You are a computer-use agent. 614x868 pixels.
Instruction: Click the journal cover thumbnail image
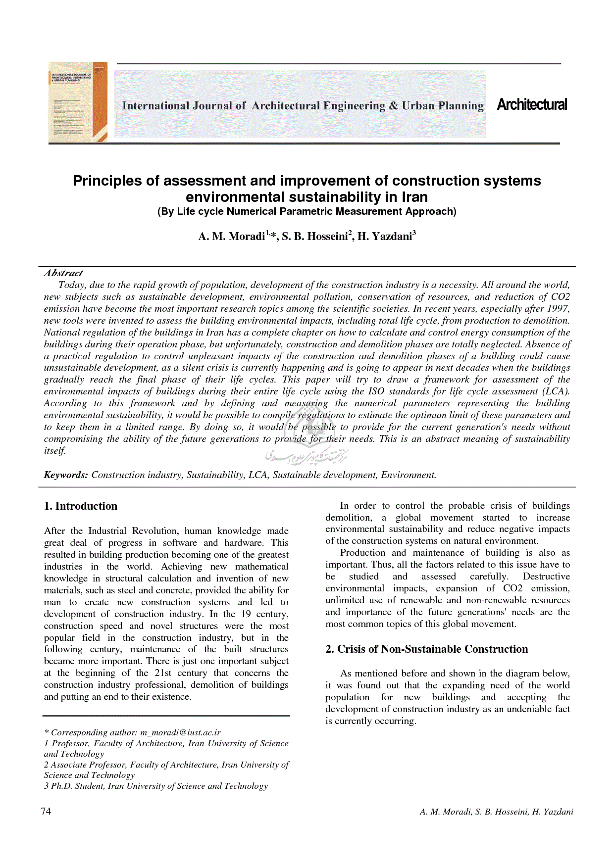coord(78,102)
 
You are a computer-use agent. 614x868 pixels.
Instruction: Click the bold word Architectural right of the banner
coord(532,105)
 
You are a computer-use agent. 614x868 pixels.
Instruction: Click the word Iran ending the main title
coord(414,197)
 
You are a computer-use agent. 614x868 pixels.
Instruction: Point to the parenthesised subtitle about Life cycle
coord(307,212)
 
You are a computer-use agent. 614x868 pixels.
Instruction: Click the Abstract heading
coord(63,273)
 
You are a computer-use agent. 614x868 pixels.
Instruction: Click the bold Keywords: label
coord(66,475)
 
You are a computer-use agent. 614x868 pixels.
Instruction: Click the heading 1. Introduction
coord(81,506)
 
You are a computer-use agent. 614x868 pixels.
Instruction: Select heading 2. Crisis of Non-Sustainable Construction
coord(426,649)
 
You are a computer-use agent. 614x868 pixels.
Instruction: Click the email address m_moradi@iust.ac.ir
coord(180,732)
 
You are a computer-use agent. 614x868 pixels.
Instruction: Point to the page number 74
coord(46,811)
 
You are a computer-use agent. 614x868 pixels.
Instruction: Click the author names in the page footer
coord(496,812)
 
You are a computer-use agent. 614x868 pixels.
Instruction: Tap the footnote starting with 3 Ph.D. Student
coord(155,786)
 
